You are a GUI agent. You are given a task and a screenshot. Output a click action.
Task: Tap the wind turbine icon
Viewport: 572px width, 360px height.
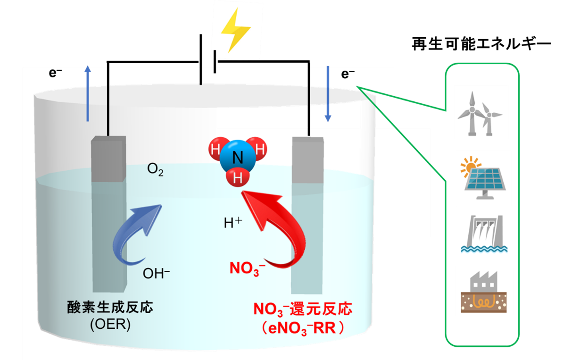[x=481, y=112]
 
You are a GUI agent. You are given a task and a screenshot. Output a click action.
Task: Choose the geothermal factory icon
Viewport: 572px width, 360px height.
[x=484, y=291]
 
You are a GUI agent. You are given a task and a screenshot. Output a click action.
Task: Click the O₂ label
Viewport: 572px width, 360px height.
[x=155, y=170]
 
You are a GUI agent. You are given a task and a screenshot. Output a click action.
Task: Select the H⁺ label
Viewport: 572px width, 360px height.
[x=232, y=223]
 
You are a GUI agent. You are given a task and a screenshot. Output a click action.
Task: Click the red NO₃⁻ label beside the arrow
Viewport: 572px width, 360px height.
[x=247, y=268]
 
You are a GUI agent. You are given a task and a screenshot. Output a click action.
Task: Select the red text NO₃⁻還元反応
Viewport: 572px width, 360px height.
[x=302, y=310]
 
